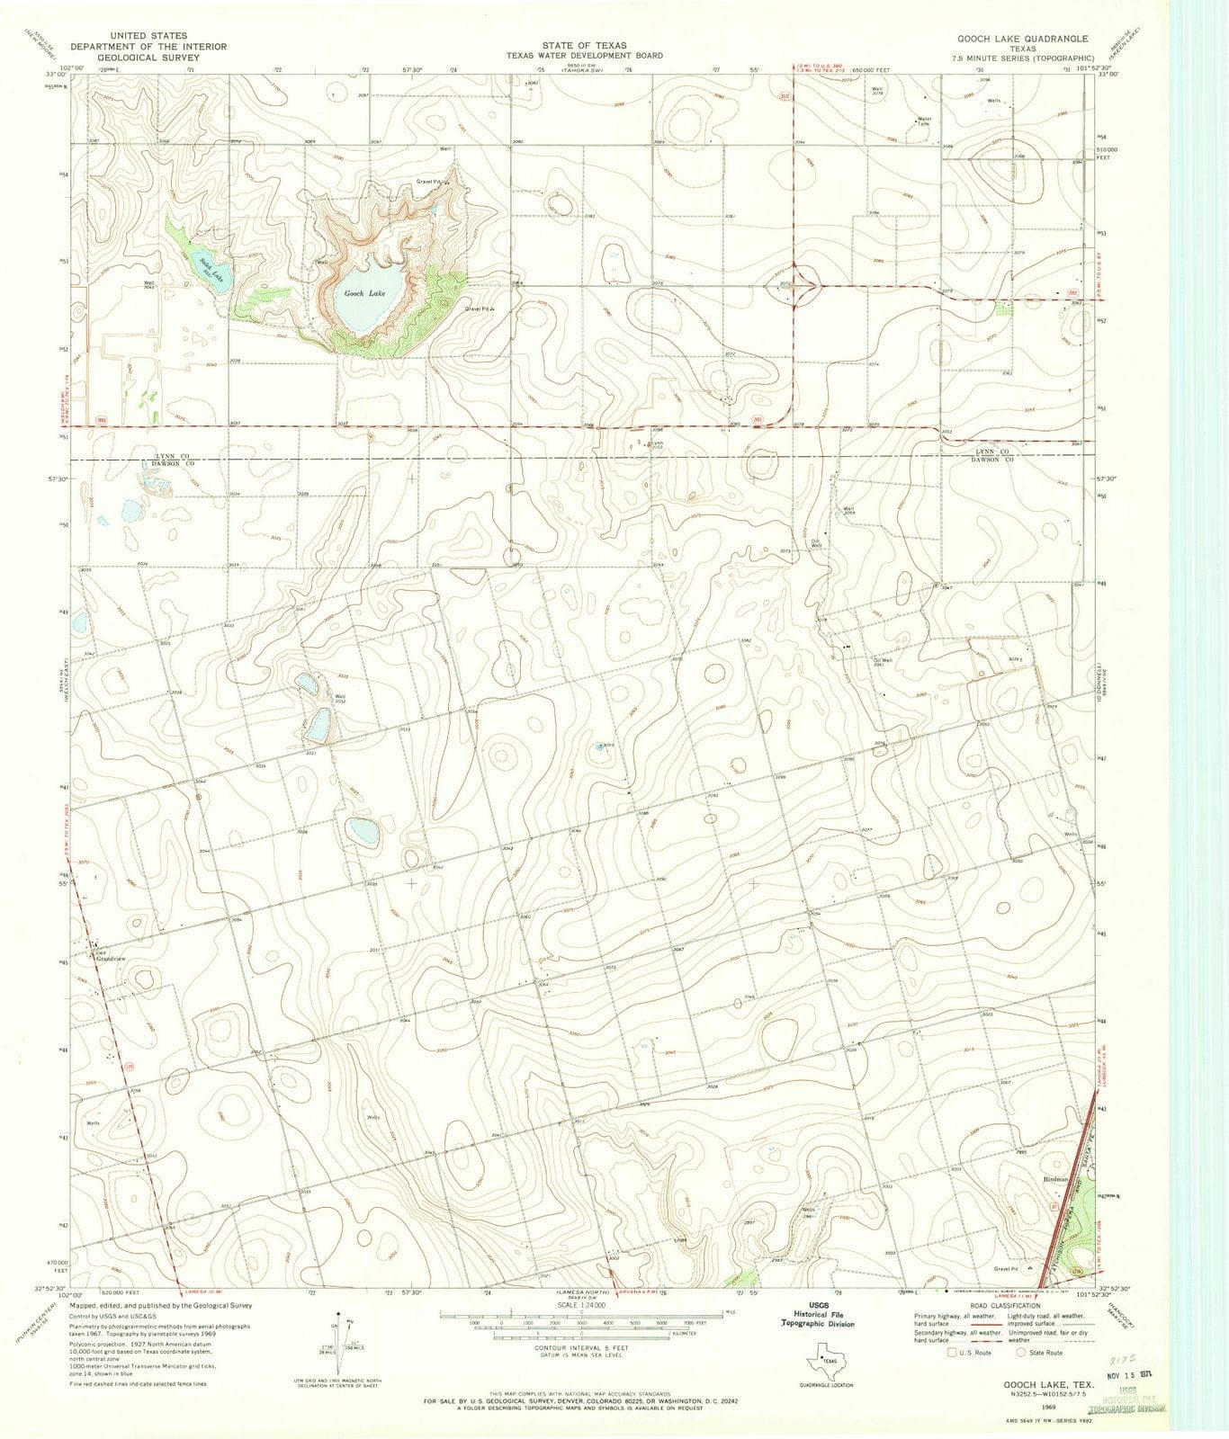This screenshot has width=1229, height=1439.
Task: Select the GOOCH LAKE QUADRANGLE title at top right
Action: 1018,40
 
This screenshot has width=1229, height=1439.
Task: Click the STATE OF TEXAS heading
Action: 584,45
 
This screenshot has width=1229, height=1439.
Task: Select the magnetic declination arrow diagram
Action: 343,1335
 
